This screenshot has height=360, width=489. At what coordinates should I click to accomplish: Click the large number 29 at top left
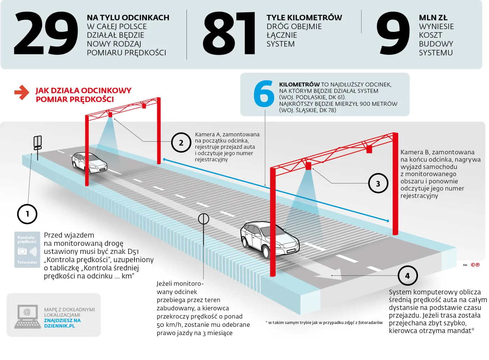click(x=45, y=34)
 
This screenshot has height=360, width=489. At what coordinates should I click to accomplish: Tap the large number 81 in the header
click(x=229, y=34)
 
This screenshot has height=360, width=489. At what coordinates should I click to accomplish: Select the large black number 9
click(x=393, y=34)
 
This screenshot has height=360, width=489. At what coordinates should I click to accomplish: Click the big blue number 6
click(x=264, y=94)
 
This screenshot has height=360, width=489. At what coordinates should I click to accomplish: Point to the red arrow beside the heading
click(x=22, y=93)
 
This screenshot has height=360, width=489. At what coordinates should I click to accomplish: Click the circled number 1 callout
click(x=27, y=214)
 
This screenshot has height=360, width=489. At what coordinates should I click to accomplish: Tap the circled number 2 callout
click(x=181, y=142)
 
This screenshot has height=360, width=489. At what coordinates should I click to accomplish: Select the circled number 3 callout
click(x=378, y=183)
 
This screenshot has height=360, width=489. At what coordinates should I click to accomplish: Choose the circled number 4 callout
click(x=407, y=275)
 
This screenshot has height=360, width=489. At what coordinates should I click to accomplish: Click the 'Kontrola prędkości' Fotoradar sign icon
click(x=27, y=250)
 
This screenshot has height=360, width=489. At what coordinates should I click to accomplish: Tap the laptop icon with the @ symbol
click(x=27, y=316)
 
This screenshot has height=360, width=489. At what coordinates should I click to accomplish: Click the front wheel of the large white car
click(x=266, y=252)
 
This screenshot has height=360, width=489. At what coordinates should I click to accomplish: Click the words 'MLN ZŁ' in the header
click(x=433, y=17)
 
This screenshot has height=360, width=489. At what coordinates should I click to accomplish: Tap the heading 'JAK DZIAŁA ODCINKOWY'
click(x=83, y=90)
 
